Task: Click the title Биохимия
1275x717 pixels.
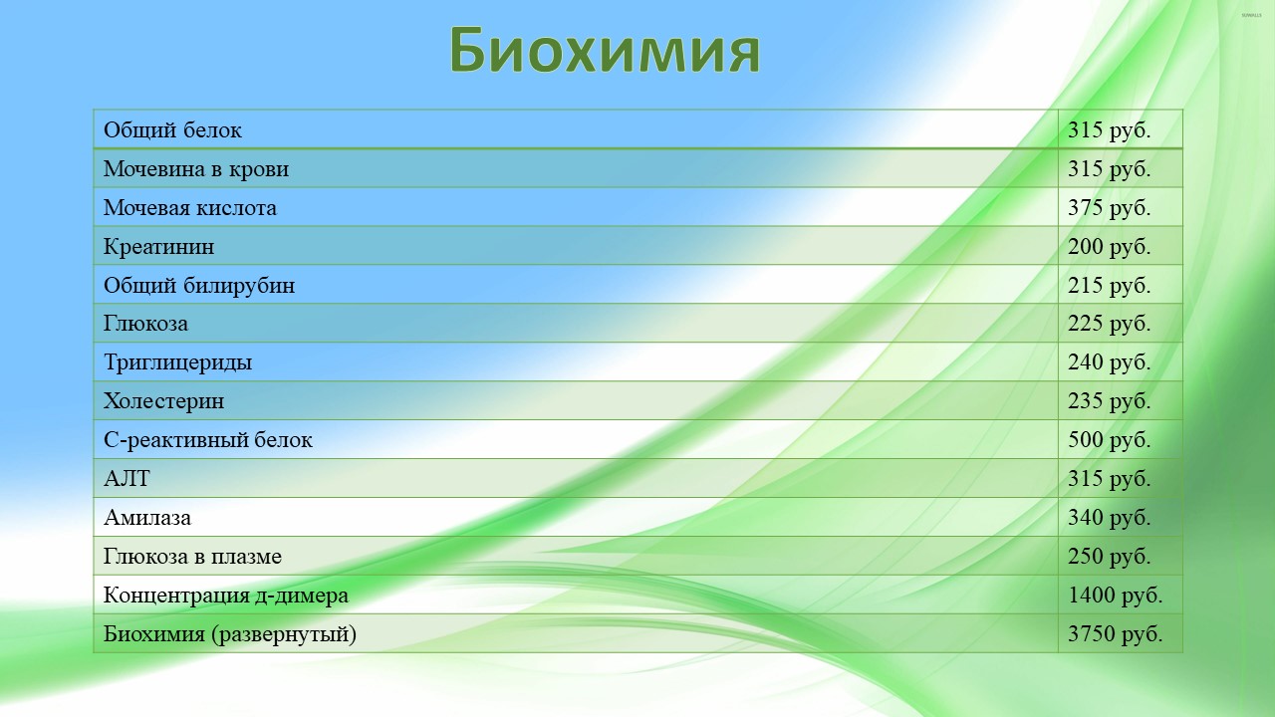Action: pyautogui.click(x=605, y=50)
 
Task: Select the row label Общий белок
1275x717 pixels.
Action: pyautogui.click(x=172, y=130)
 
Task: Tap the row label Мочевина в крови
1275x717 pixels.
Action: pyautogui.click(x=196, y=169)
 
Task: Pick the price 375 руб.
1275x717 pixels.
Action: pyautogui.click(x=1109, y=208)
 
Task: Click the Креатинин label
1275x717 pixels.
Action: pyautogui.click(x=158, y=246)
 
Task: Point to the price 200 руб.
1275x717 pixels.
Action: pyautogui.click(x=1109, y=246)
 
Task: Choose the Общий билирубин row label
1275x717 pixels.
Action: pyautogui.click(x=199, y=285)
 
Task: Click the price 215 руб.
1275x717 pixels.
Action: pyautogui.click(x=1109, y=285)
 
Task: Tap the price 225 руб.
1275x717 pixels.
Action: pyautogui.click(x=1109, y=324)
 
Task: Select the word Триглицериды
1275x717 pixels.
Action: pyautogui.click(x=177, y=362)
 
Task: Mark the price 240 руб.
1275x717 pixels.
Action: pyautogui.click(x=1109, y=362)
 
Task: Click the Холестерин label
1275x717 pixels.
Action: pyautogui.click(x=164, y=401)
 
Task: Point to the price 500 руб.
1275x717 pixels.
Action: pyautogui.click(x=1109, y=440)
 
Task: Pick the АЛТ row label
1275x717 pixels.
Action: pyautogui.click(x=127, y=479)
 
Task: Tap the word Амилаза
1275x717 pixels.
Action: pyautogui.click(x=147, y=518)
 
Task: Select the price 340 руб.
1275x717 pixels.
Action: pyautogui.click(x=1109, y=518)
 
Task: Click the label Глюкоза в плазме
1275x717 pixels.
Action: pyautogui.click(x=192, y=557)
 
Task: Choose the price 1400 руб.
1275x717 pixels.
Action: pyautogui.click(x=1115, y=596)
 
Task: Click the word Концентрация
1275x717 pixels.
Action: pyautogui.click(x=177, y=596)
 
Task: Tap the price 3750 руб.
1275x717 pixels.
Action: pyautogui.click(x=1115, y=634)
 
